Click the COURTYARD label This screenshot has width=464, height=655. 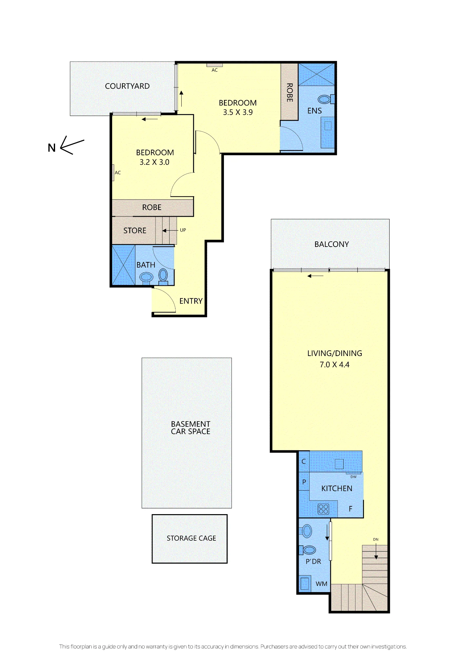pos(127,86)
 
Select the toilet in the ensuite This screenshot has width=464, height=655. pos(326,99)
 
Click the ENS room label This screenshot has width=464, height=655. pos(314,111)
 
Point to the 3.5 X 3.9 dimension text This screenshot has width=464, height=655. pos(238,112)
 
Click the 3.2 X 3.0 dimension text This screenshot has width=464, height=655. pos(154,162)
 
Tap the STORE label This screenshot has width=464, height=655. pos(135,231)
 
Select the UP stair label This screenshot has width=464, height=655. pos(183,230)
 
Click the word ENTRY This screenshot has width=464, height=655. pos(191,301)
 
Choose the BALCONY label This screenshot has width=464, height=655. pos(332,244)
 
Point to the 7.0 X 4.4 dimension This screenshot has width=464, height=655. pos(334,365)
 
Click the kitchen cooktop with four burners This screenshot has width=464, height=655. pos(323,509)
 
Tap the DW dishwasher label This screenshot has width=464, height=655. pos(353,477)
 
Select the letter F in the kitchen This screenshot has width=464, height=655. pos(351,509)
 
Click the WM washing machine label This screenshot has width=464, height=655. pos(321,584)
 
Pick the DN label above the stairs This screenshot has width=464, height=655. pos(376,539)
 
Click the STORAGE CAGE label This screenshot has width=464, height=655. pos(191,538)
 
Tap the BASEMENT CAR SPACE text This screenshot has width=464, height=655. pos(191,428)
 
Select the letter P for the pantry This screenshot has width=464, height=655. pos(304,482)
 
